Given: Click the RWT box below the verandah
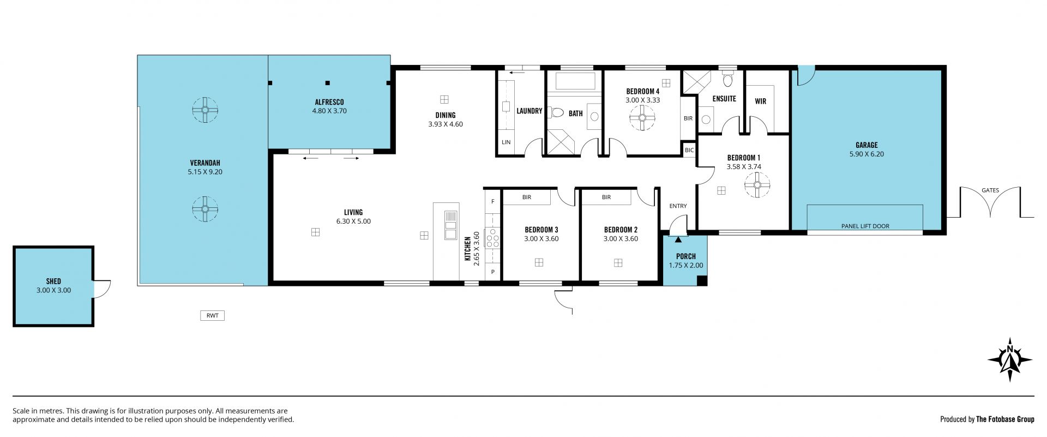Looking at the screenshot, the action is [x=212, y=315].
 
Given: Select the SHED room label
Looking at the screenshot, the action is [x=53, y=282].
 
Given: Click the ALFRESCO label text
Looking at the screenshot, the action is [x=329, y=102].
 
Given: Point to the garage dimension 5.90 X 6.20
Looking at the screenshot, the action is [x=867, y=154].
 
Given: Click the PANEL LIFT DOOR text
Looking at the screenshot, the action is [x=865, y=226].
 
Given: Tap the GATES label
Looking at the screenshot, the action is [x=990, y=190].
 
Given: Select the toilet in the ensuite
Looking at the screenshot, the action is [x=727, y=81].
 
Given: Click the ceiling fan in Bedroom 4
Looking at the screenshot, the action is [x=642, y=117].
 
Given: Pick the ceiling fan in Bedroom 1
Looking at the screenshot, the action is [x=757, y=185].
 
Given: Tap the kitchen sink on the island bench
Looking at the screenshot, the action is [x=450, y=225].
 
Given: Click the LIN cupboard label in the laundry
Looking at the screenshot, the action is [x=506, y=142].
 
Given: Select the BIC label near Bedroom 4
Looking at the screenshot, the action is [x=689, y=150].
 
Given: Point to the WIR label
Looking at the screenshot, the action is [x=761, y=101].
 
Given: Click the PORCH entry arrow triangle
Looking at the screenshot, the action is [x=678, y=239].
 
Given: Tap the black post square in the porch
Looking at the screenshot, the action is [x=702, y=281].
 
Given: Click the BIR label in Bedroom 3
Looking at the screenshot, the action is [x=527, y=197].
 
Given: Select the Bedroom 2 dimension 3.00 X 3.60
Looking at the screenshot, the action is [x=621, y=238].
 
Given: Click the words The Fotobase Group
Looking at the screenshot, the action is [x=1005, y=420].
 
